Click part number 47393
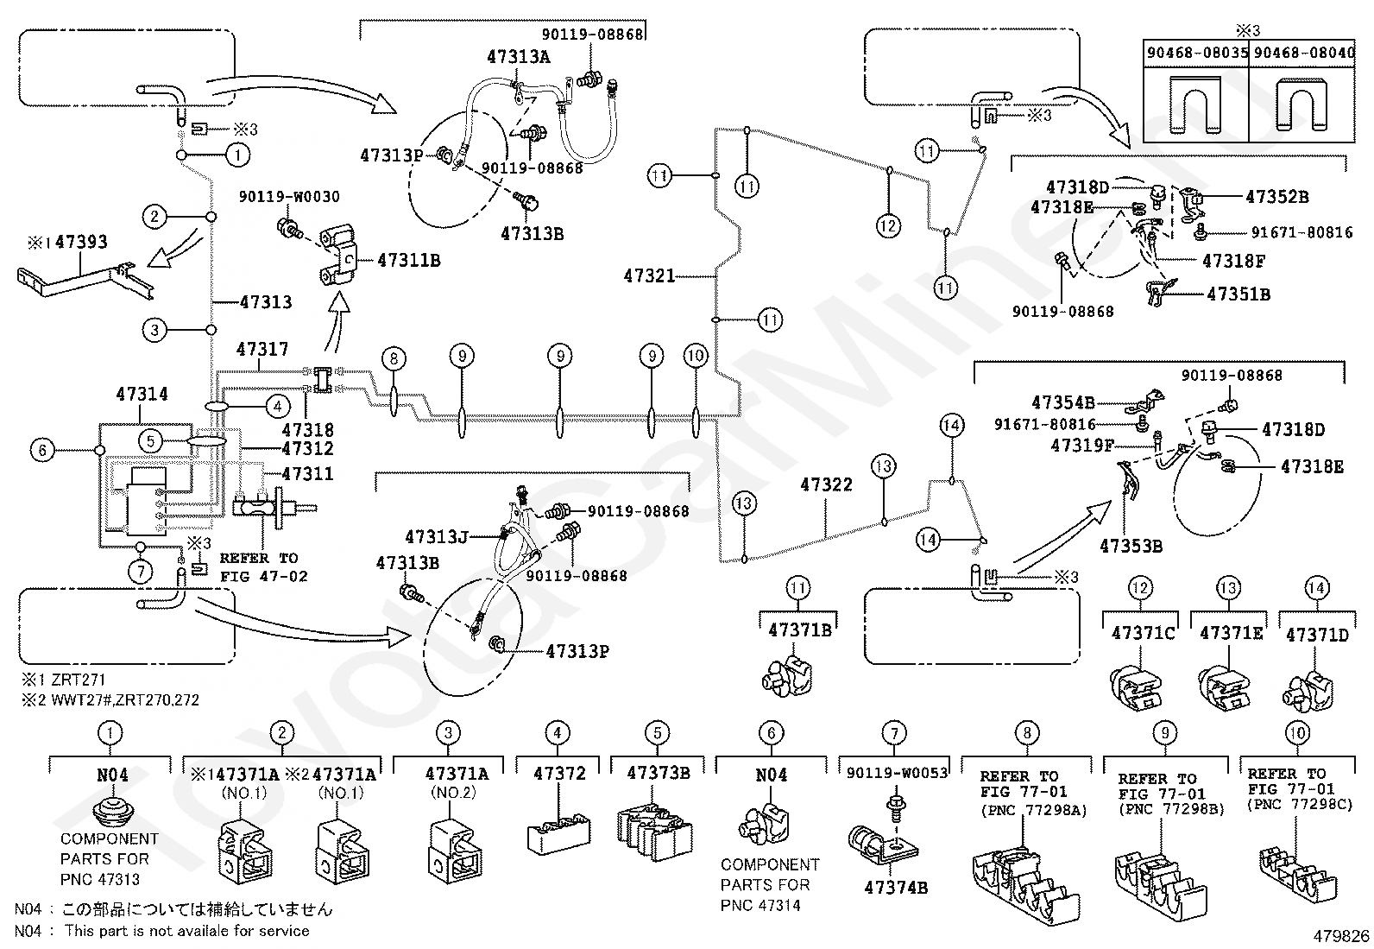coord(81,243)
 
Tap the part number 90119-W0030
coord(289,198)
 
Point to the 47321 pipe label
coord(649,276)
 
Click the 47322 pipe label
coord(826,485)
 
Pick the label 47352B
coord(1276,197)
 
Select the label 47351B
coord(1238,294)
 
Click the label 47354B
coord(1062,402)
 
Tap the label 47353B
coord(1131,546)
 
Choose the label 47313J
coord(436,537)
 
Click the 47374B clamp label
coord(895,887)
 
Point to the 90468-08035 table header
coord(1196,54)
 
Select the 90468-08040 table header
coord(1303,54)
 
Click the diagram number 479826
coord(1341,935)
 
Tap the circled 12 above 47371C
coord(1140,589)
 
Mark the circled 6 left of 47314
coord(41,450)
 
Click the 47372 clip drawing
coord(558,830)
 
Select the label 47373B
coord(658,774)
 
